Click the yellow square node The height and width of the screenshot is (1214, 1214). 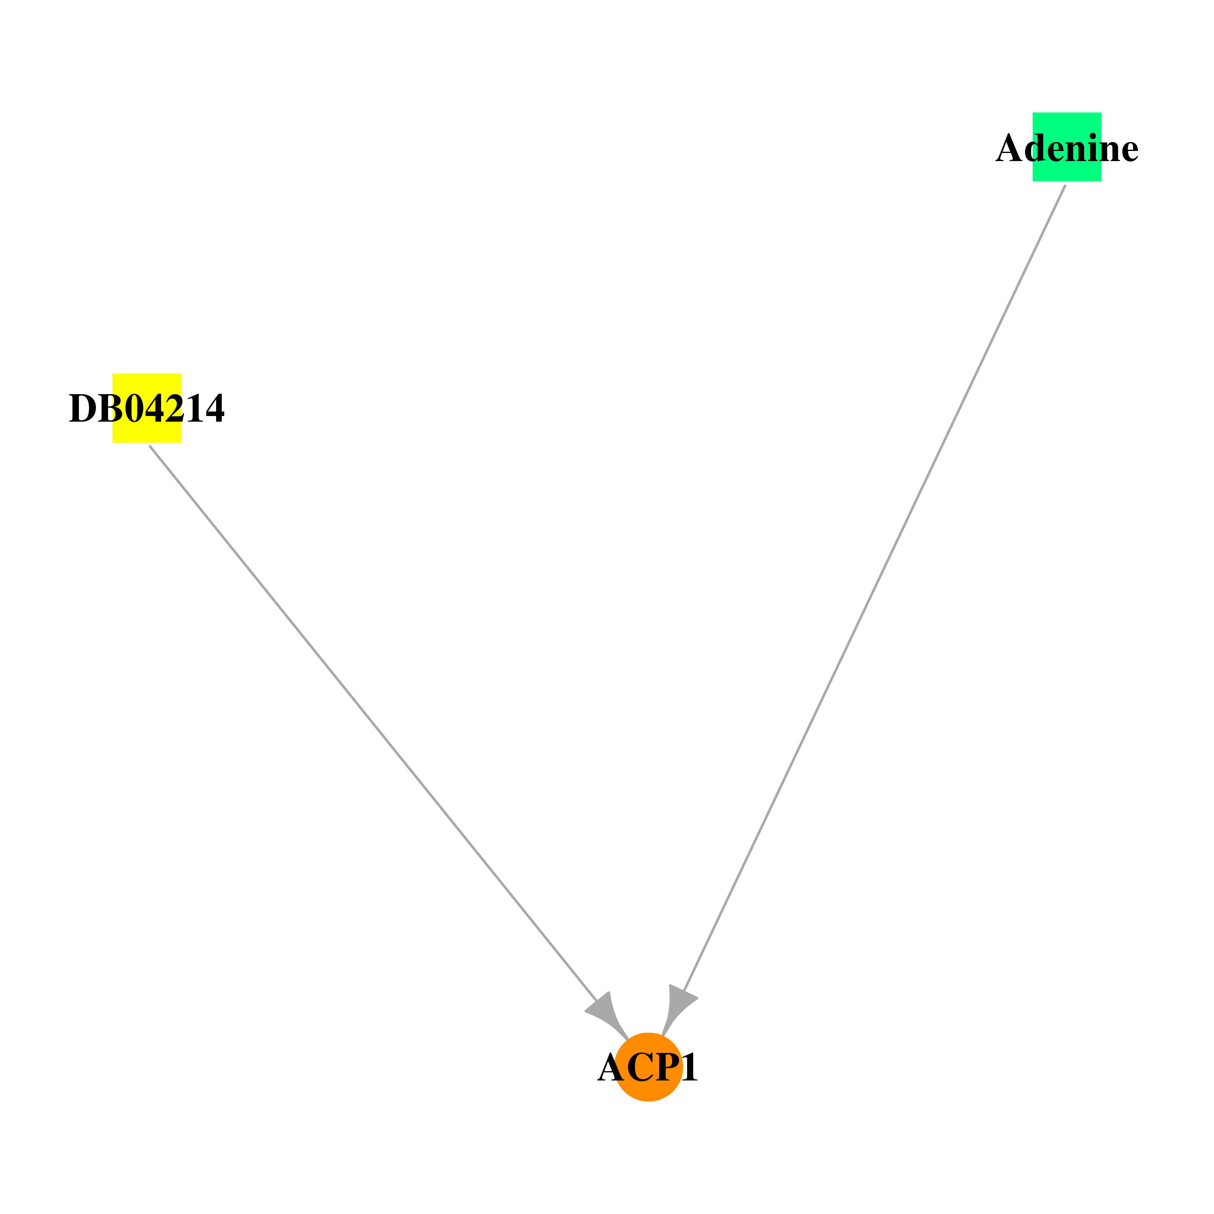pyautogui.click(x=146, y=408)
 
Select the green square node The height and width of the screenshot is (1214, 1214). pyautogui.click(x=1067, y=147)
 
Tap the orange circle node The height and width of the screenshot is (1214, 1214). pyautogui.click(x=648, y=1067)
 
